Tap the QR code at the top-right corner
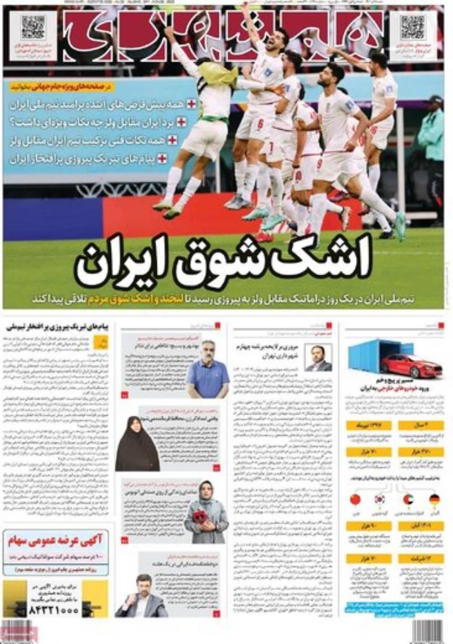click(412, 27)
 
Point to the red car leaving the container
click(411, 365)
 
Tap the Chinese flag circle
click(355, 500)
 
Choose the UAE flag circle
click(408, 500)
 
